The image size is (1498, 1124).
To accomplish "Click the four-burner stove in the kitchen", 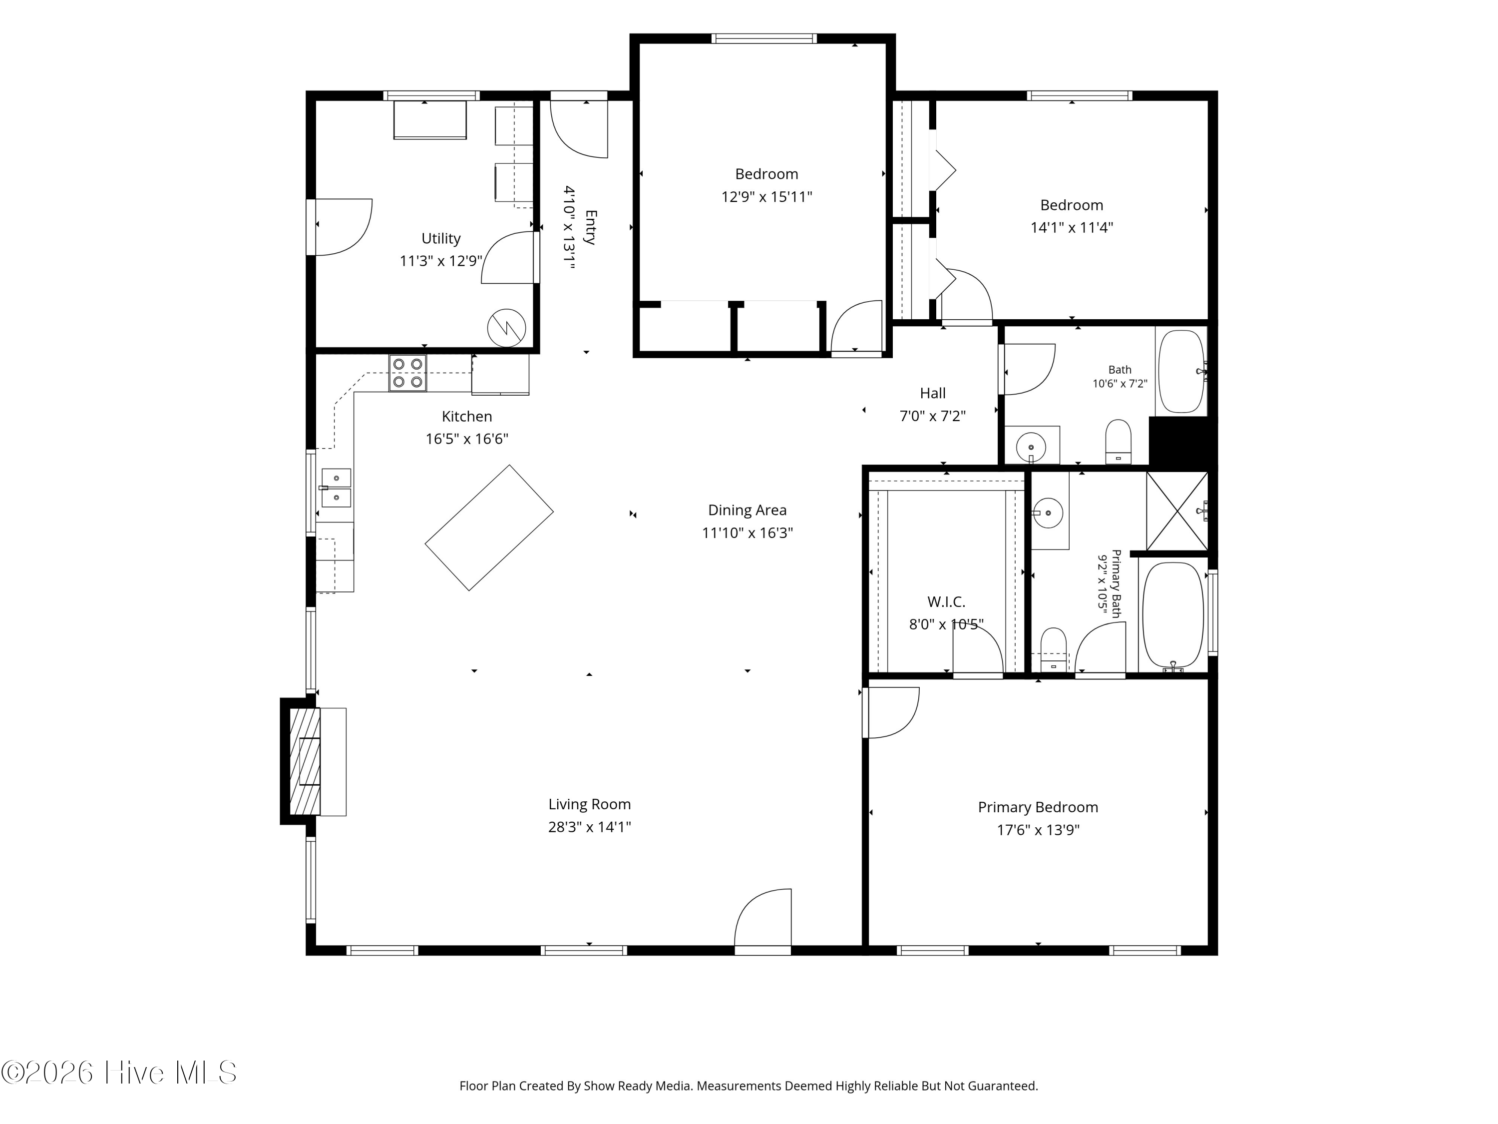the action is (x=407, y=373).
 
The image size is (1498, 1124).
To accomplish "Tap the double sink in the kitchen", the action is (x=336, y=488).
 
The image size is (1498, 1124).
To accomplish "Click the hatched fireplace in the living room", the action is (x=305, y=761).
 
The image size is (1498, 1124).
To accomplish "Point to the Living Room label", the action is (x=589, y=804).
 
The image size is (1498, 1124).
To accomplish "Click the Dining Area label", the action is (x=747, y=510).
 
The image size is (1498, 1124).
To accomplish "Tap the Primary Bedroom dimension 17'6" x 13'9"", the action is (x=1038, y=830).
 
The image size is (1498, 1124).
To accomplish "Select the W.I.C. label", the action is (x=946, y=601).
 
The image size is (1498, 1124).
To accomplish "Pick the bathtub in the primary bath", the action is (x=1173, y=615).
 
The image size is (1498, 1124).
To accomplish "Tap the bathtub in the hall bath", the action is (x=1181, y=371).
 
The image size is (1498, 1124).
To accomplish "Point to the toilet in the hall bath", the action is (x=1118, y=442).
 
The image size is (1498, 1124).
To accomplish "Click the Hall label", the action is (x=933, y=393).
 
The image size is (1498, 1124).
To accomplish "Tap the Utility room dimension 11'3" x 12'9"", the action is (x=441, y=261).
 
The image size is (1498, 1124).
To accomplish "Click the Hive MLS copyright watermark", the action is (x=119, y=1072).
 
